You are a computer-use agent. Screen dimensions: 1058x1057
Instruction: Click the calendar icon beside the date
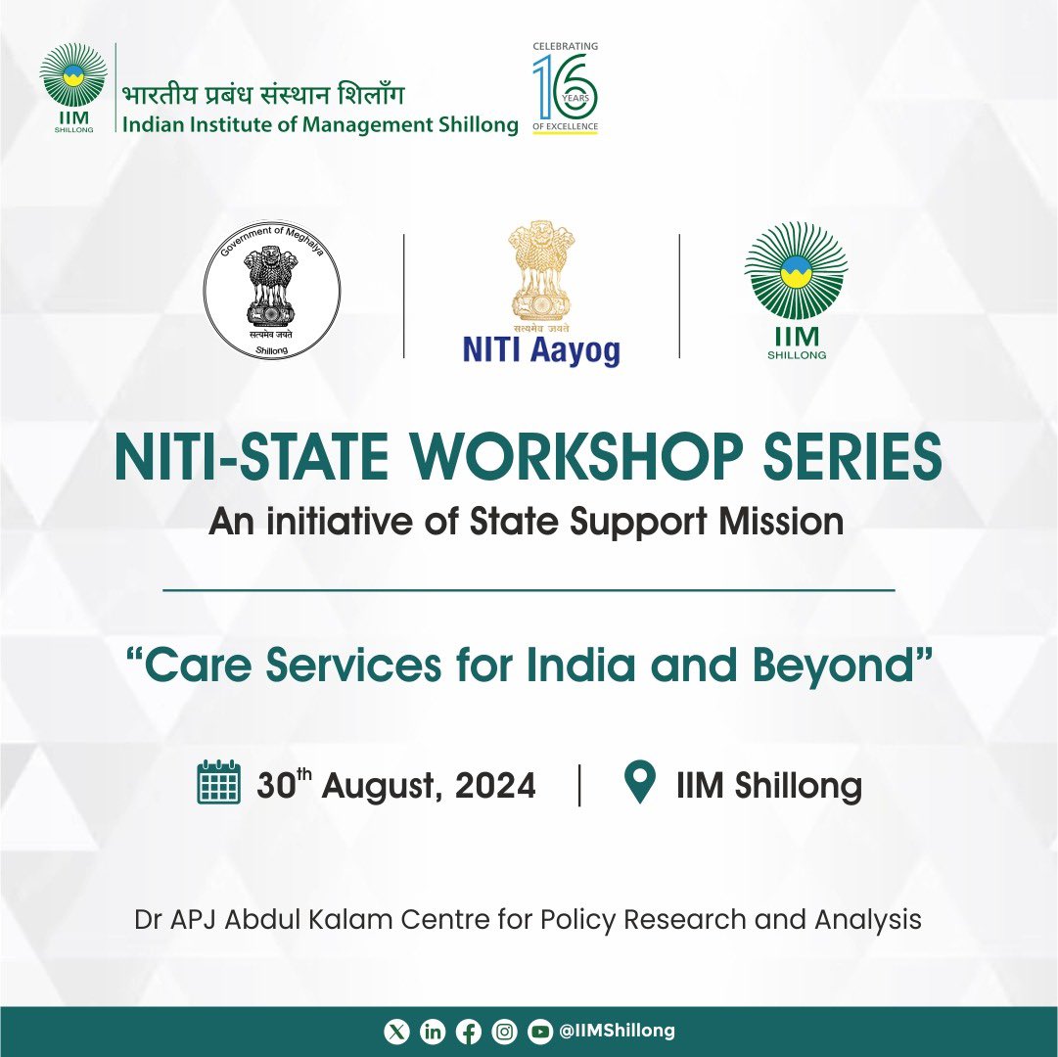pyautogui.click(x=218, y=782)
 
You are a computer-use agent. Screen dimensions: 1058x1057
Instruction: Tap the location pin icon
pyautogui.click(x=640, y=781)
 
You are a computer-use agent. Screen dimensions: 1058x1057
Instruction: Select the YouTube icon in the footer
pyautogui.click(x=539, y=1032)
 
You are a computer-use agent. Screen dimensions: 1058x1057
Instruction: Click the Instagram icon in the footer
pyautogui.click(x=504, y=1032)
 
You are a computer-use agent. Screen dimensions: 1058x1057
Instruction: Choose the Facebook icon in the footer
pyautogui.click(x=468, y=1032)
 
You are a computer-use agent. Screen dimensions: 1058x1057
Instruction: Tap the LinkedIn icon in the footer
pyautogui.click(x=433, y=1032)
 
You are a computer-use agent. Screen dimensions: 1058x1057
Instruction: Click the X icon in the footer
pyautogui.click(x=396, y=1032)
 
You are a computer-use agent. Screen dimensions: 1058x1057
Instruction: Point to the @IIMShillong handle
pyautogui.click(x=617, y=1031)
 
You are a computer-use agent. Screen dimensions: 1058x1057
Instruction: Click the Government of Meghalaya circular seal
pyautogui.click(x=272, y=290)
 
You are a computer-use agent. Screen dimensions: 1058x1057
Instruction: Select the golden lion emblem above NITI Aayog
pyautogui.click(x=542, y=271)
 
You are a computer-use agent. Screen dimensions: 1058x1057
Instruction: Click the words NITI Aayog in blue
pyautogui.click(x=541, y=350)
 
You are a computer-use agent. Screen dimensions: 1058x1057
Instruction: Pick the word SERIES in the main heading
pyautogui.click(x=852, y=457)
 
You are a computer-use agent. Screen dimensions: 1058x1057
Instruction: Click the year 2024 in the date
pyautogui.click(x=495, y=785)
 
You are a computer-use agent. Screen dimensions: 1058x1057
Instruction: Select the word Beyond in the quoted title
pyautogui.click(x=833, y=666)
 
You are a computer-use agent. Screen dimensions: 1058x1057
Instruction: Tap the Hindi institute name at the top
pyautogui.click(x=263, y=94)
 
